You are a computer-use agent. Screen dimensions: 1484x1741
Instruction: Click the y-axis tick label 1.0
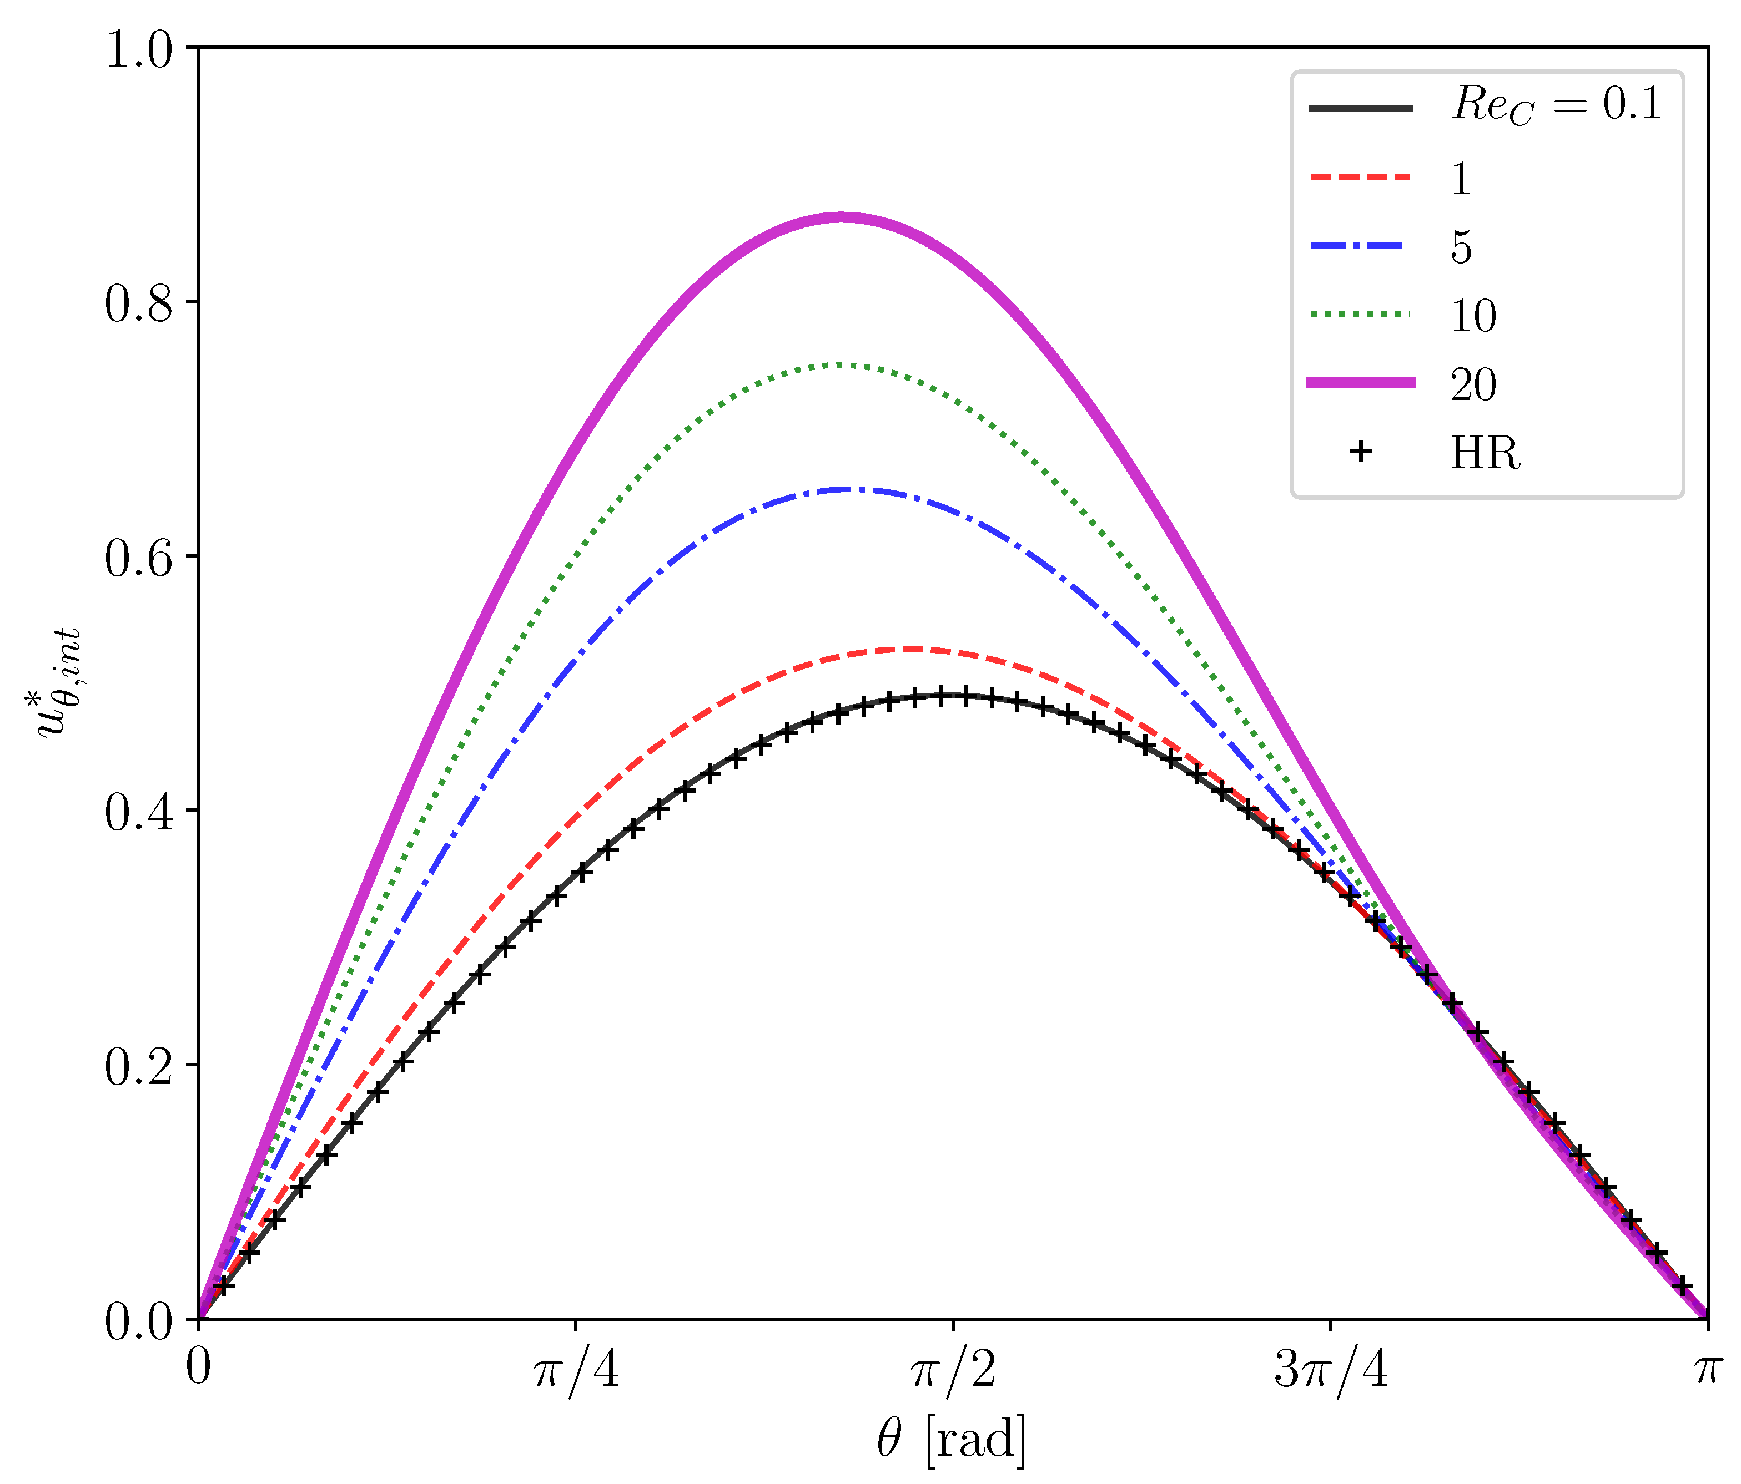(x=139, y=50)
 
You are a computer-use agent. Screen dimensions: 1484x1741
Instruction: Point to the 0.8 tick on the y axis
(x=139, y=304)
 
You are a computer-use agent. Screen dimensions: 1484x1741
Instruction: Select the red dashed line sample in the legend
(x=1360, y=177)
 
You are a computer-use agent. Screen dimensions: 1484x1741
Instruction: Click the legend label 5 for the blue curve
(x=1461, y=247)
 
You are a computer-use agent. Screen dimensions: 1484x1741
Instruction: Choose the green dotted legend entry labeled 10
(x=1473, y=316)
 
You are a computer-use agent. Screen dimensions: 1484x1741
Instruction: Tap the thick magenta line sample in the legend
(x=1360, y=383)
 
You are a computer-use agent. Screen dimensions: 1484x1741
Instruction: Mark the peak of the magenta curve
(x=842, y=217)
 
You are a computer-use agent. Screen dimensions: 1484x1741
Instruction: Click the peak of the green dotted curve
(x=838, y=364)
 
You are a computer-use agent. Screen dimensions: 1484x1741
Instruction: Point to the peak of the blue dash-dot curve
(x=851, y=489)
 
